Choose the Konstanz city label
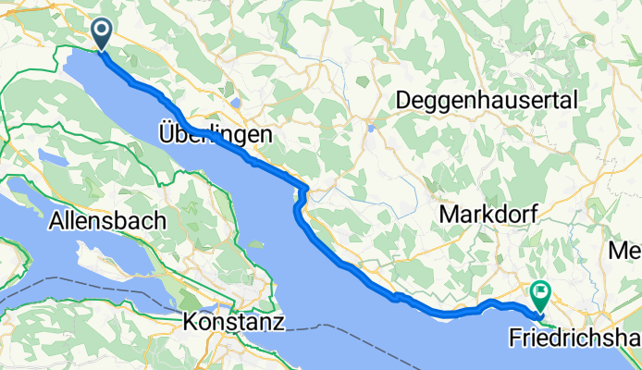[234, 322]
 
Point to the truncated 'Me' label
[623, 250]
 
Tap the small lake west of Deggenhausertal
[370, 129]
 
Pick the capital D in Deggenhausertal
[404, 100]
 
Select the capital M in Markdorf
[449, 214]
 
